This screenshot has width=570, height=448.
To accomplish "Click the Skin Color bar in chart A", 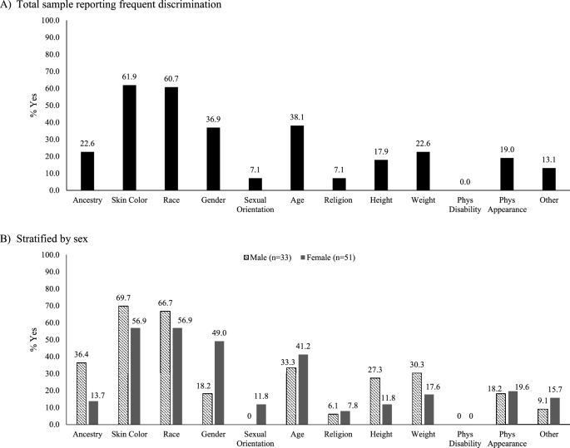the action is click(x=130, y=138).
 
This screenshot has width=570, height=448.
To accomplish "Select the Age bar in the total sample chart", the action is click(x=297, y=158).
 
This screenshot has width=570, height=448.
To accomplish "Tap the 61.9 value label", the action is click(x=130, y=76).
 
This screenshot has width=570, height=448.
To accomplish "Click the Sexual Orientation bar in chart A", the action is click(x=255, y=184).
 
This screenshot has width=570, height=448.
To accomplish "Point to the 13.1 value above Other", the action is click(x=549, y=160).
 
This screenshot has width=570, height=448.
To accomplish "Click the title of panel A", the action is click(x=111, y=5).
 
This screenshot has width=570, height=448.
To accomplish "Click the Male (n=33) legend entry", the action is click(x=267, y=258).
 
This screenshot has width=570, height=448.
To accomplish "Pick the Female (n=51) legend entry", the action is click(x=328, y=258).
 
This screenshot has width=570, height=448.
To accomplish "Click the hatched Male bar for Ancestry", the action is click(x=82, y=393).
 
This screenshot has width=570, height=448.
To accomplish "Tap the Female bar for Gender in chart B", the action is click(x=219, y=382).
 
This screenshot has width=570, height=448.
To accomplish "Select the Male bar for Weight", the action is click(x=417, y=399).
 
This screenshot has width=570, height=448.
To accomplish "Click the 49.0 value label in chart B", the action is click(x=219, y=333).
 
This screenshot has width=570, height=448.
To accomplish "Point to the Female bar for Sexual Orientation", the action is click(x=261, y=415).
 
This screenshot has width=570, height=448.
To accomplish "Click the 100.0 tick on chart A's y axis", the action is click(x=51, y=20).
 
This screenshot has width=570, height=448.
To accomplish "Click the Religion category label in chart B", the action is click(x=339, y=434).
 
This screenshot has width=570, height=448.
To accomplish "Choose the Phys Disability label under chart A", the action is click(x=465, y=204).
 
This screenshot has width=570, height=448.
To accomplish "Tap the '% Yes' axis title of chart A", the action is click(x=34, y=106).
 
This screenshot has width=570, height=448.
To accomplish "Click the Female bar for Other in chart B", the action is click(x=555, y=411).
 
